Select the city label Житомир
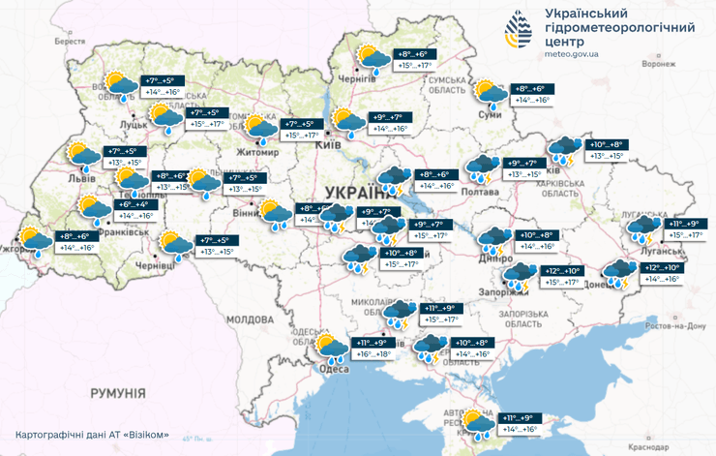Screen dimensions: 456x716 [254, 152]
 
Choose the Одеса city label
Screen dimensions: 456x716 [335, 369]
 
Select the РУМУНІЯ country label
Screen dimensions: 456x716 [117, 393]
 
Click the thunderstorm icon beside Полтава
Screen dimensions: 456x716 [481, 168]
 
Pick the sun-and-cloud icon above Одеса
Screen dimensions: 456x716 [332, 348]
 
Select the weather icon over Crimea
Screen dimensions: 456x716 [477, 422]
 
